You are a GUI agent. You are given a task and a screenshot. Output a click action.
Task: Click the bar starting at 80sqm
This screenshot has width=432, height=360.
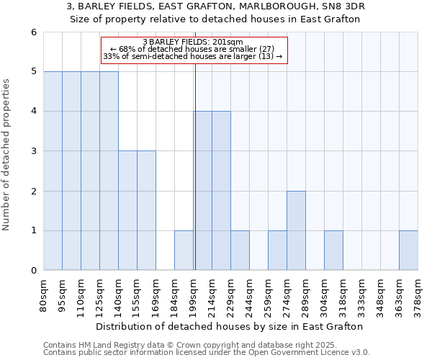pyautogui.click(x=53, y=171)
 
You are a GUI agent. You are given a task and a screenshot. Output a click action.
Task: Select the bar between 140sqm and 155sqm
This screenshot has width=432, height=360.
pyautogui.click(x=127, y=210)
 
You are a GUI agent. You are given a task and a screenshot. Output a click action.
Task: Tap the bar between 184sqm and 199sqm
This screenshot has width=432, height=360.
pyautogui.click(x=184, y=251)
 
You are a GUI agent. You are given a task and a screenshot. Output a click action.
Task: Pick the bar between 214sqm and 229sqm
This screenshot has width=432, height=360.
pyautogui.click(x=221, y=191)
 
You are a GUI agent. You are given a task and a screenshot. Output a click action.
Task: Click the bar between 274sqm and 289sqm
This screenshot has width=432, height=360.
pyautogui.click(x=296, y=230)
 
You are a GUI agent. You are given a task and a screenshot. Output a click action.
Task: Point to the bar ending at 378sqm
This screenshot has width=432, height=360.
pyautogui.click(x=408, y=251)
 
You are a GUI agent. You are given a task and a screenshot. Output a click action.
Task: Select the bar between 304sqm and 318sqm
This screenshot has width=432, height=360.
pyautogui.click(x=333, y=251)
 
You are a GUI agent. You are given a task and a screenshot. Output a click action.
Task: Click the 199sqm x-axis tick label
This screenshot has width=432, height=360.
pyautogui.click(x=194, y=294)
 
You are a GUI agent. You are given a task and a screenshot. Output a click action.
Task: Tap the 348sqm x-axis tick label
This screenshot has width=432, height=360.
pyautogui.click(x=381, y=294)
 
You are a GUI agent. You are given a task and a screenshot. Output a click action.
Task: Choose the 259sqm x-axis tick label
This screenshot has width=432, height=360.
pyautogui.click(x=269, y=294)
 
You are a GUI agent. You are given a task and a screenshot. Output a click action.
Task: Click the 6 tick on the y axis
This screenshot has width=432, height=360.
pyautogui.click(x=33, y=32)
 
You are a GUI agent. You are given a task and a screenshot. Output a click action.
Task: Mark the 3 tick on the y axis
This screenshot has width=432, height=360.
pyautogui.click(x=33, y=151)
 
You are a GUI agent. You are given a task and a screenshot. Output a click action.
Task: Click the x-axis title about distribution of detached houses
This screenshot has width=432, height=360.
pyautogui.click(x=230, y=326)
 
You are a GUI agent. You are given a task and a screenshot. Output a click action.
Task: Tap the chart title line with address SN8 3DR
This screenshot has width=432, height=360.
pyautogui.click(x=215, y=6)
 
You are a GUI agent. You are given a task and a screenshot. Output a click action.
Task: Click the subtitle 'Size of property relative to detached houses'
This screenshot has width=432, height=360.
pyautogui.click(x=215, y=19)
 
